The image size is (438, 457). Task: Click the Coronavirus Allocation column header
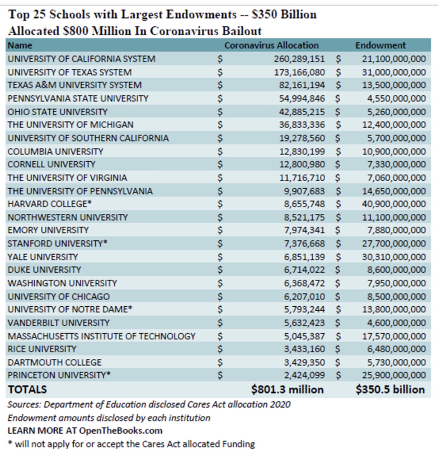tap(271, 45)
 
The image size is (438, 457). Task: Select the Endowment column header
tap(380, 45)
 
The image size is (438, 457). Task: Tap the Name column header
tap(20, 45)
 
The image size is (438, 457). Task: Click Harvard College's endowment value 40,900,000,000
tap(394, 204)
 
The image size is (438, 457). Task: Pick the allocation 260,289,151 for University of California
tap(299, 59)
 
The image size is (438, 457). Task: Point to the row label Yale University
tap(43, 257)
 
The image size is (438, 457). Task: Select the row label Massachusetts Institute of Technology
tap(101, 336)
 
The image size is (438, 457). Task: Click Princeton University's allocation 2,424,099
tap(304, 375)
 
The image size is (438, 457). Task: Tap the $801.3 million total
tap(287, 389)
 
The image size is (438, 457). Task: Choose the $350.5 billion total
tap(390, 389)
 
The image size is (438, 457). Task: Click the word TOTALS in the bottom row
tap(27, 389)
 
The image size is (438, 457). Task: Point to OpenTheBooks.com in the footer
tap(121, 431)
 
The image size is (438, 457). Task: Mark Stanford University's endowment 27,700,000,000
tap(394, 244)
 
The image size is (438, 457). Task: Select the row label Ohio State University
tap(57, 112)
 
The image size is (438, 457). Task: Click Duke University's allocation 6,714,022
tap(304, 270)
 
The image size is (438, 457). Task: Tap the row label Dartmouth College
tap(54, 363)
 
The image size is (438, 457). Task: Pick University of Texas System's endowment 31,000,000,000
tap(394, 72)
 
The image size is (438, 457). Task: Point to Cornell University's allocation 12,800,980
tap(302, 164)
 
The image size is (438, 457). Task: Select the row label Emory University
tap(48, 230)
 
